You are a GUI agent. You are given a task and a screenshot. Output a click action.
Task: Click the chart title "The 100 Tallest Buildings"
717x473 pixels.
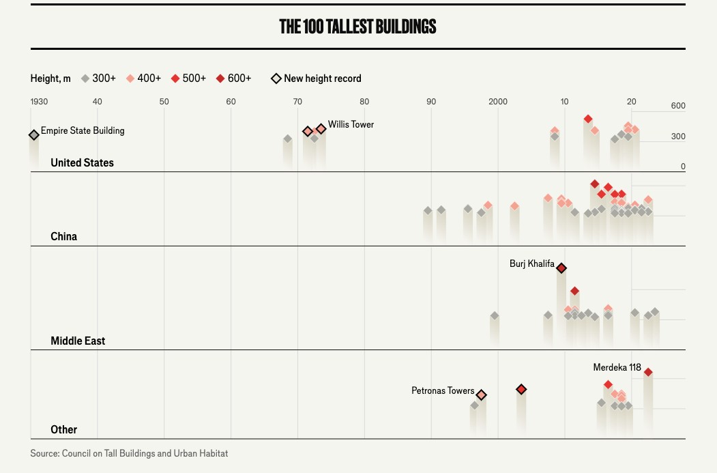click(x=357, y=27)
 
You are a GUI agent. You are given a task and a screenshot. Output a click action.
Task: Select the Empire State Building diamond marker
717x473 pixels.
click(x=34, y=135)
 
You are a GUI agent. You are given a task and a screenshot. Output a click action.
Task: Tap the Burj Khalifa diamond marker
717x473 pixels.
click(x=561, y=268)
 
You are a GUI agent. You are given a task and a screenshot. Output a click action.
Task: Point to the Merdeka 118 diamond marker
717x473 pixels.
click(x=648, y=372)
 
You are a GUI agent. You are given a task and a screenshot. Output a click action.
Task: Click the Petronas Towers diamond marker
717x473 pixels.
click(x=481, y=395)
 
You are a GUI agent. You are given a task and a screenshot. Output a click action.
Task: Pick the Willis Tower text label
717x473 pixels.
click(x=351, y=124)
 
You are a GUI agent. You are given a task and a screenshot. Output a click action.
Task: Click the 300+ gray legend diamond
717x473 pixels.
click(x=85, y=78)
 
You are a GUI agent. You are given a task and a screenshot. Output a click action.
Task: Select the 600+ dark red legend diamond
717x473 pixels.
click(x=220, y=78)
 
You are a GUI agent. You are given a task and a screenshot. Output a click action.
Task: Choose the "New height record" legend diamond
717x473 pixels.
click(x=276, y=78)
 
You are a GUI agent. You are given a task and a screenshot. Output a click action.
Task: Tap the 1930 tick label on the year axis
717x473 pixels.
click(x=39, y=102)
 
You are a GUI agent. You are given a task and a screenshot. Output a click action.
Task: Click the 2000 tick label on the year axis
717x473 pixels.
click(x=498, y=102)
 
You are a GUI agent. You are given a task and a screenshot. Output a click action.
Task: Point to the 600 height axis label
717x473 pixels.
click(x=677, y=106)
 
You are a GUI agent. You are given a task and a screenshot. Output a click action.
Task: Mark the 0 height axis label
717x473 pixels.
click(x=682, y=167)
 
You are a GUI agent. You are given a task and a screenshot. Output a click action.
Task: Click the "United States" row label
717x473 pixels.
click(x=82, y=162)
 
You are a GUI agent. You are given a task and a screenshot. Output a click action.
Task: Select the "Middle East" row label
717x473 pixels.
click(x=78, y=341)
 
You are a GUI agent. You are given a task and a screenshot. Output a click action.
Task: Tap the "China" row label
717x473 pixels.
click(x=63, y=236)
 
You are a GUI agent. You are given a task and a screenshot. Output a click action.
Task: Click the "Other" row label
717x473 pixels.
click(x=63, y=429)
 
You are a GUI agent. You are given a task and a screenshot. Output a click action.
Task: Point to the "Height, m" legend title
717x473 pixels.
click(x=50, y=78)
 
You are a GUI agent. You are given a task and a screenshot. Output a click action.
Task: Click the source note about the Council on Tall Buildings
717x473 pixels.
click(x=129, y=453)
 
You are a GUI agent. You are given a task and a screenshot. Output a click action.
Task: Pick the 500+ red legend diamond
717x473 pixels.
click(x=175, y=78)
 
